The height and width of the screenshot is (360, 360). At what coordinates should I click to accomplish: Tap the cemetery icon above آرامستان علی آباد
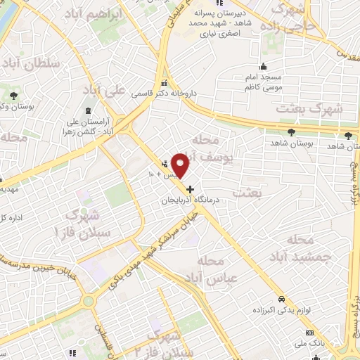coord(87,111)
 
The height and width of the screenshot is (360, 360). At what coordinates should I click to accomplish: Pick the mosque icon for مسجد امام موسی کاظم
coord(264,56)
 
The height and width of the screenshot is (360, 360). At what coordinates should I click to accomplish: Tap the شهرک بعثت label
coord(309,109)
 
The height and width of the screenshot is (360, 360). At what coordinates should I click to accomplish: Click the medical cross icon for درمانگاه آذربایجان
coord(189,188)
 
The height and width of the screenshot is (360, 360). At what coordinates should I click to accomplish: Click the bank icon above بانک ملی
coord(309,332)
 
